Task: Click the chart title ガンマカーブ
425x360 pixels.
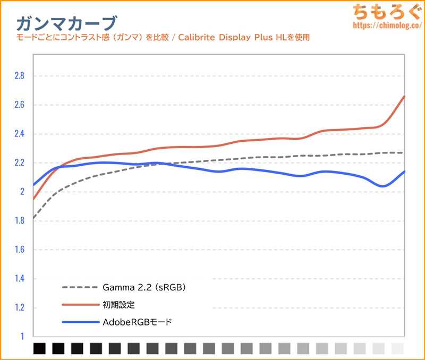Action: (x=66, y=23)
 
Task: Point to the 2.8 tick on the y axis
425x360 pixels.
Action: (x=19, y=76)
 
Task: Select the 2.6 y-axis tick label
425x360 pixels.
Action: (x=19, y=105)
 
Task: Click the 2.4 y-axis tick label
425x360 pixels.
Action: (x=19, y=134)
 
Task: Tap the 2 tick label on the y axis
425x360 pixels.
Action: (x=22, y=192)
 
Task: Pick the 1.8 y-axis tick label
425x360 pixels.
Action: (x=19, y=221)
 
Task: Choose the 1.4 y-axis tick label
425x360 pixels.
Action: (x=19, y=279)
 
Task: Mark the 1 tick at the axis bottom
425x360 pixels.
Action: (x=22, y=336)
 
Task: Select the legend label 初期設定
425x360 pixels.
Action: (x=119, y=305)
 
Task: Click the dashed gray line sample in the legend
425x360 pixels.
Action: (x=80, y=288)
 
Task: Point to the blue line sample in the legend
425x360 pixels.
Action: (x=80, y=322)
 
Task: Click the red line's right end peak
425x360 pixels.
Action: (x=404, y=97)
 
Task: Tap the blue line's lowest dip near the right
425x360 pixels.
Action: (x=382, y=186)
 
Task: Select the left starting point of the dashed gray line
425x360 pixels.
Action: (x=33, y=218)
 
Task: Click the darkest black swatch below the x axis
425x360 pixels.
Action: (x=39, y=348)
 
